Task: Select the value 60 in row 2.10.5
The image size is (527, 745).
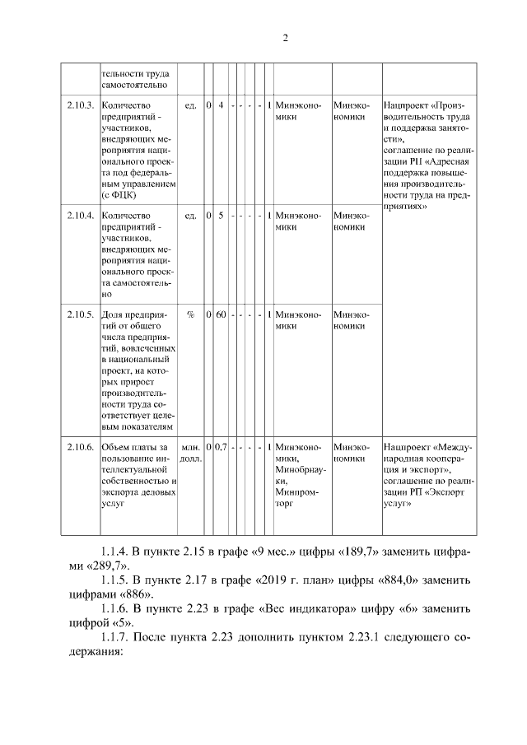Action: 222,314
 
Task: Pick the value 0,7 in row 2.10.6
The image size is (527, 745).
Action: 222,446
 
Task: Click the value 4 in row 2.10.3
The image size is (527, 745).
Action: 222,106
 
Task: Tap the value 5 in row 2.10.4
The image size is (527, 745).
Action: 222,216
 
